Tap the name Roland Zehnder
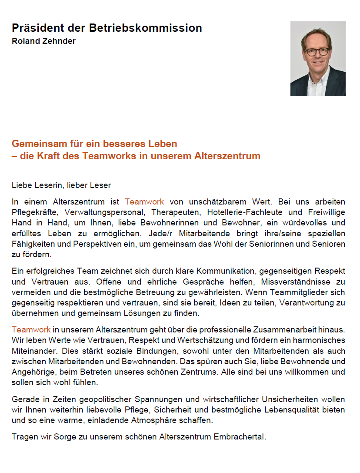tap(43, 41)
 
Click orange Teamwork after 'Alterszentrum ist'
tap(144, 202)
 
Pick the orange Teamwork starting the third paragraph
tap(31, 329)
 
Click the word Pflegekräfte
tap(35, 212)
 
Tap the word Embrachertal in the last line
tap(239, 436)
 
